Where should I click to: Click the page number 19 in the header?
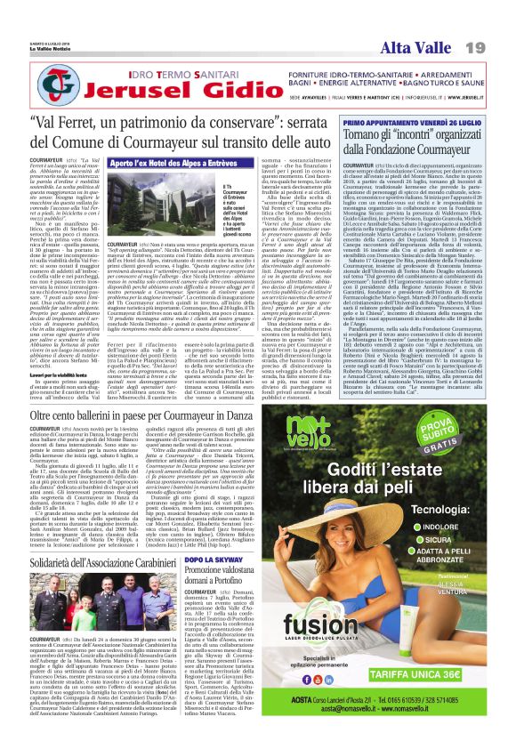coord(496,21)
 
